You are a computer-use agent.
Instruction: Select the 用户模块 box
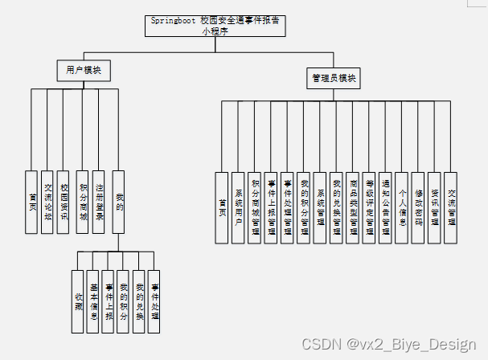click(x=84, y=71)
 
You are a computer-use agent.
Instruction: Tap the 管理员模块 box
click(x=335, y=79)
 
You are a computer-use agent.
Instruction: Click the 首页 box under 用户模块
click(x=32, y=201)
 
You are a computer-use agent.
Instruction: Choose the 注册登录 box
click(x=99, y=201)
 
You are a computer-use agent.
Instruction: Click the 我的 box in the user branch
click(x=119, y=201)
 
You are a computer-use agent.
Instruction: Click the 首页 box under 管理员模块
click(x=222, y=207)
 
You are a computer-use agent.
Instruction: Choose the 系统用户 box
click(x=238, y=207)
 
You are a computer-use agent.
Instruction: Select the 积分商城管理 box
click(x=254, y=207)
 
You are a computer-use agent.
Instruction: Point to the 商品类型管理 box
click(x=353, y=207)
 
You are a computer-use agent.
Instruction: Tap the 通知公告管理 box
click(x=385, y=207)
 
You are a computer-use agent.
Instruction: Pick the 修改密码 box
click(x=418, y=207)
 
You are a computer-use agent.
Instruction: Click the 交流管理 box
click(x=450, y=207)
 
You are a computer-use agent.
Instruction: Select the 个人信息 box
click(x=401, y=207)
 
